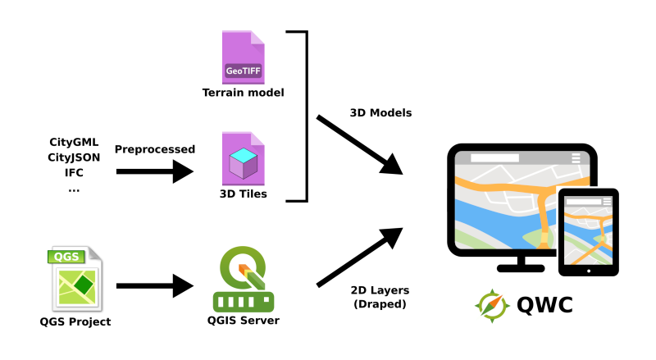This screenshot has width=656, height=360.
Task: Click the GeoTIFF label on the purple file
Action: (x=243, y=71)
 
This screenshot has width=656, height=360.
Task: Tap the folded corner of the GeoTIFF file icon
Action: (x=257, y=38)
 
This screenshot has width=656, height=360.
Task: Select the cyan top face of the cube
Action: (x=243, y=155)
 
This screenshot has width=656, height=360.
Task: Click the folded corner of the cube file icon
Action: (x=257, y=139)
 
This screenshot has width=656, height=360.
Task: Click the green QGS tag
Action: (x=66, y=257)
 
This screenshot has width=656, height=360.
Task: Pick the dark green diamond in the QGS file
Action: (x=83, y=285)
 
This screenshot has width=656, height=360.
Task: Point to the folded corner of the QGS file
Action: (x=94, y=253)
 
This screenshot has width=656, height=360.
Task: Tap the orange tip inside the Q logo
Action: (x=244, y=268)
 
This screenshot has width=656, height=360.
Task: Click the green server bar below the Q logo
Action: (x=244, y=302)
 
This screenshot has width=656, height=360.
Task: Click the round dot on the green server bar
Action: (x=266, y=302)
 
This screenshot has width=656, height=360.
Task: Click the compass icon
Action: (x=493, y=306)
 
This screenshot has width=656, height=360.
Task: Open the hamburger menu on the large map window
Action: (x=576, y=158)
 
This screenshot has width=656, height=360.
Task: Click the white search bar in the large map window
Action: (x=494, y=157)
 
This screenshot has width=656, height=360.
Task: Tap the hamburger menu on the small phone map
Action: (x=607, y=202)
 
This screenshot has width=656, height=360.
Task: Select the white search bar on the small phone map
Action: (x=583, y=202)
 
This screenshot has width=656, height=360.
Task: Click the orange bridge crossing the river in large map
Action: (x=544, y=216)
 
